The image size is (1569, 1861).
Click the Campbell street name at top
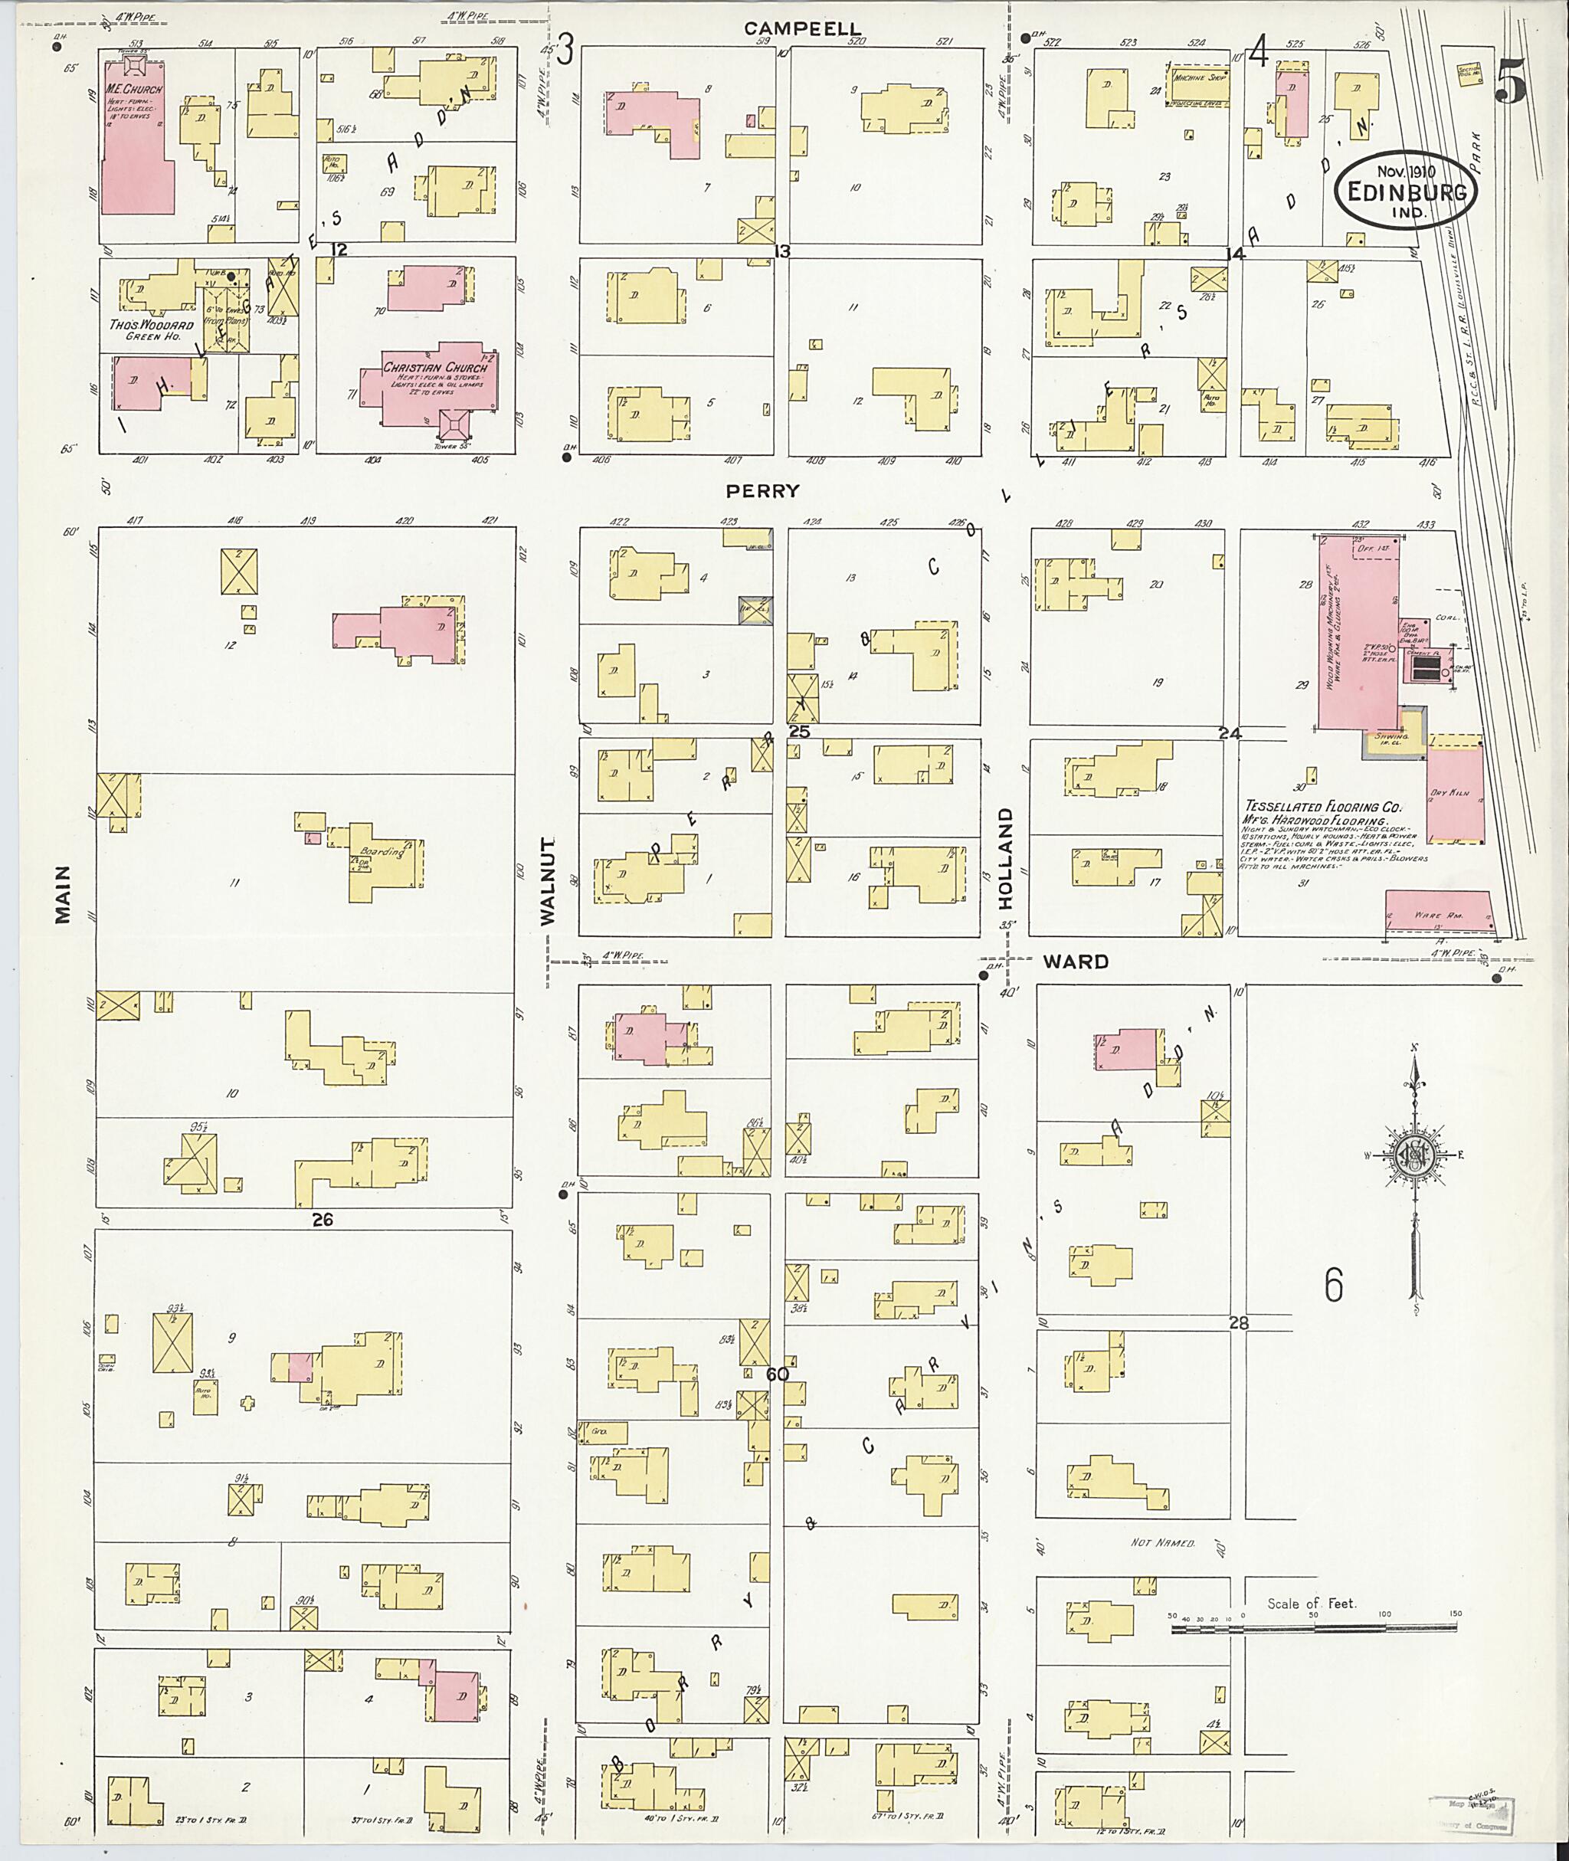click(x=802, y=29)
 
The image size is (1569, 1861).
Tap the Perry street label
click(x=762, y=490)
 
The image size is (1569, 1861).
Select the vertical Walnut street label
click(x=548, y=880)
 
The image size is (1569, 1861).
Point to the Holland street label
click(x=1005, y=857)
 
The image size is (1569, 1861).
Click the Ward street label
click(x=1076, y=961)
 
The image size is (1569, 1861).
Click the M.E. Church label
click(x=127, y=90)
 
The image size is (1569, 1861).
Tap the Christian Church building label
click(x=435, y=368)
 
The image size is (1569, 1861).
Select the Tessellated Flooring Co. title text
click(x=1322, y=807)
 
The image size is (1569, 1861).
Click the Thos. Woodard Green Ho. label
click(x=150, y=330)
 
